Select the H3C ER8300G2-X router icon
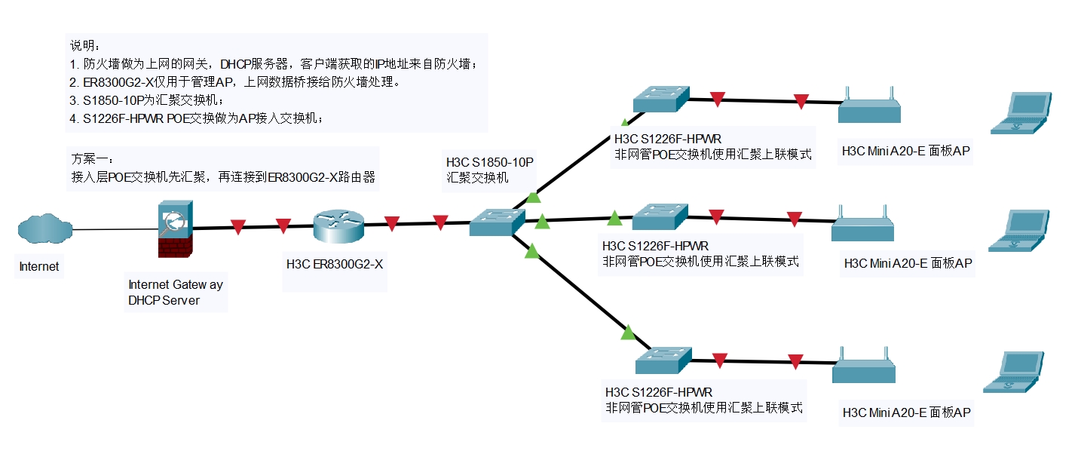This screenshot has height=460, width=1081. click(338, 224)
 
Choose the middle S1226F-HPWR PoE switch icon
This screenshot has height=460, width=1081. click(660, 217)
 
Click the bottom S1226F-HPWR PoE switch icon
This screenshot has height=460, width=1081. click(663, 360)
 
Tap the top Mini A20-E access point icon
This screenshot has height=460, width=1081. click(869, 108)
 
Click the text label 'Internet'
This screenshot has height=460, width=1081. click(39, 266)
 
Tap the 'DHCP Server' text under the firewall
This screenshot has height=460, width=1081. click(164, 300)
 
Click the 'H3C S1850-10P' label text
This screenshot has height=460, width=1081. click(489, 162)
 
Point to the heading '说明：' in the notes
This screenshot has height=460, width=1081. click(84, 46)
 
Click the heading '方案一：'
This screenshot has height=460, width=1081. click(92, 160)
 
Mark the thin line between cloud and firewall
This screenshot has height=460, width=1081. click(113, 228)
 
